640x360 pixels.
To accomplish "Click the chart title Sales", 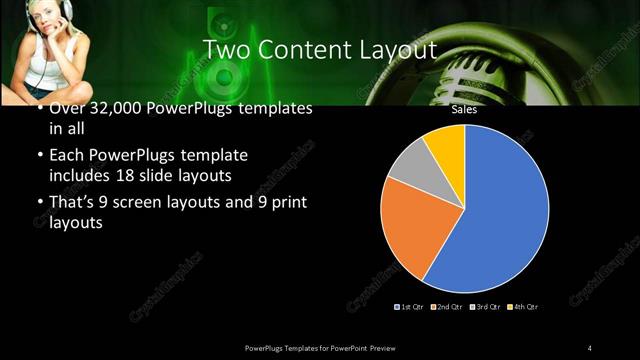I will [x=464, y=110].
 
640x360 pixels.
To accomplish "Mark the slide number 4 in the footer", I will [x=590, y=347].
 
